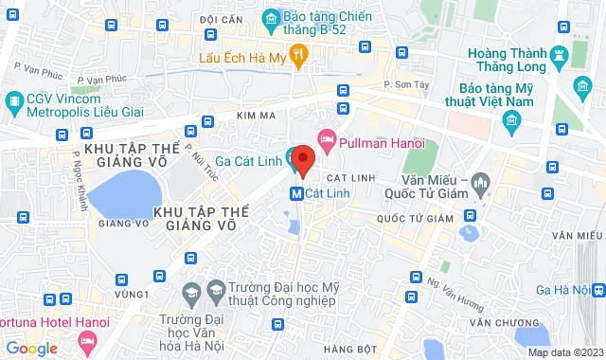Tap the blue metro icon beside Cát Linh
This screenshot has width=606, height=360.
point(295,193)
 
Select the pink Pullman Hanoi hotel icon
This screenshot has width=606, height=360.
point(328,139)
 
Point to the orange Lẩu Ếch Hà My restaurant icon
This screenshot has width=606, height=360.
point(299,57)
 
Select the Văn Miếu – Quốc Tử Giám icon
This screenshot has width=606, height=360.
point(480,180)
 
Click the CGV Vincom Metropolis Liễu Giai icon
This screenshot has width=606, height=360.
point(13,99)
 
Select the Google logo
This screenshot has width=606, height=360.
point(30,349)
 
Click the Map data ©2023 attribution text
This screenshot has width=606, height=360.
point(564,352)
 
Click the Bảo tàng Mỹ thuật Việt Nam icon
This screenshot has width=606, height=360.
point(512,120)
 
